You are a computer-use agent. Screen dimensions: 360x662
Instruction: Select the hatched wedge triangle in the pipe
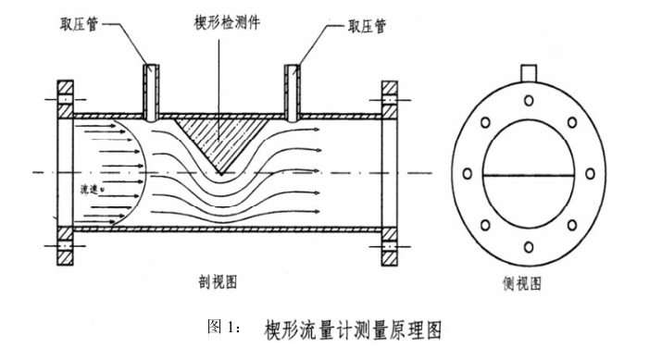219,136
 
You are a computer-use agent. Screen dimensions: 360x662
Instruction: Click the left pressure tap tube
152,91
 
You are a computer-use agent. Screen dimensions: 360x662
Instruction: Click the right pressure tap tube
292,91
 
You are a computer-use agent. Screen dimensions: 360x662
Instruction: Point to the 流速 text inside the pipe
91,189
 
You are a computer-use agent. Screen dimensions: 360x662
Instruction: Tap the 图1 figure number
223,329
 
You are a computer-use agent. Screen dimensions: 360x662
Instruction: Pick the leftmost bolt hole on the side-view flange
467,172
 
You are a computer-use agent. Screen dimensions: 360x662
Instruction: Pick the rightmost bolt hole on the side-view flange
590,173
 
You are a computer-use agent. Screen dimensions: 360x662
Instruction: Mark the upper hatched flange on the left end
66,101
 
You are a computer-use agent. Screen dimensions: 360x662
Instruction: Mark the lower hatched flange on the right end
389,243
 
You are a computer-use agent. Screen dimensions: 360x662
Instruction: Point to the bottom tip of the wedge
219,171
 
